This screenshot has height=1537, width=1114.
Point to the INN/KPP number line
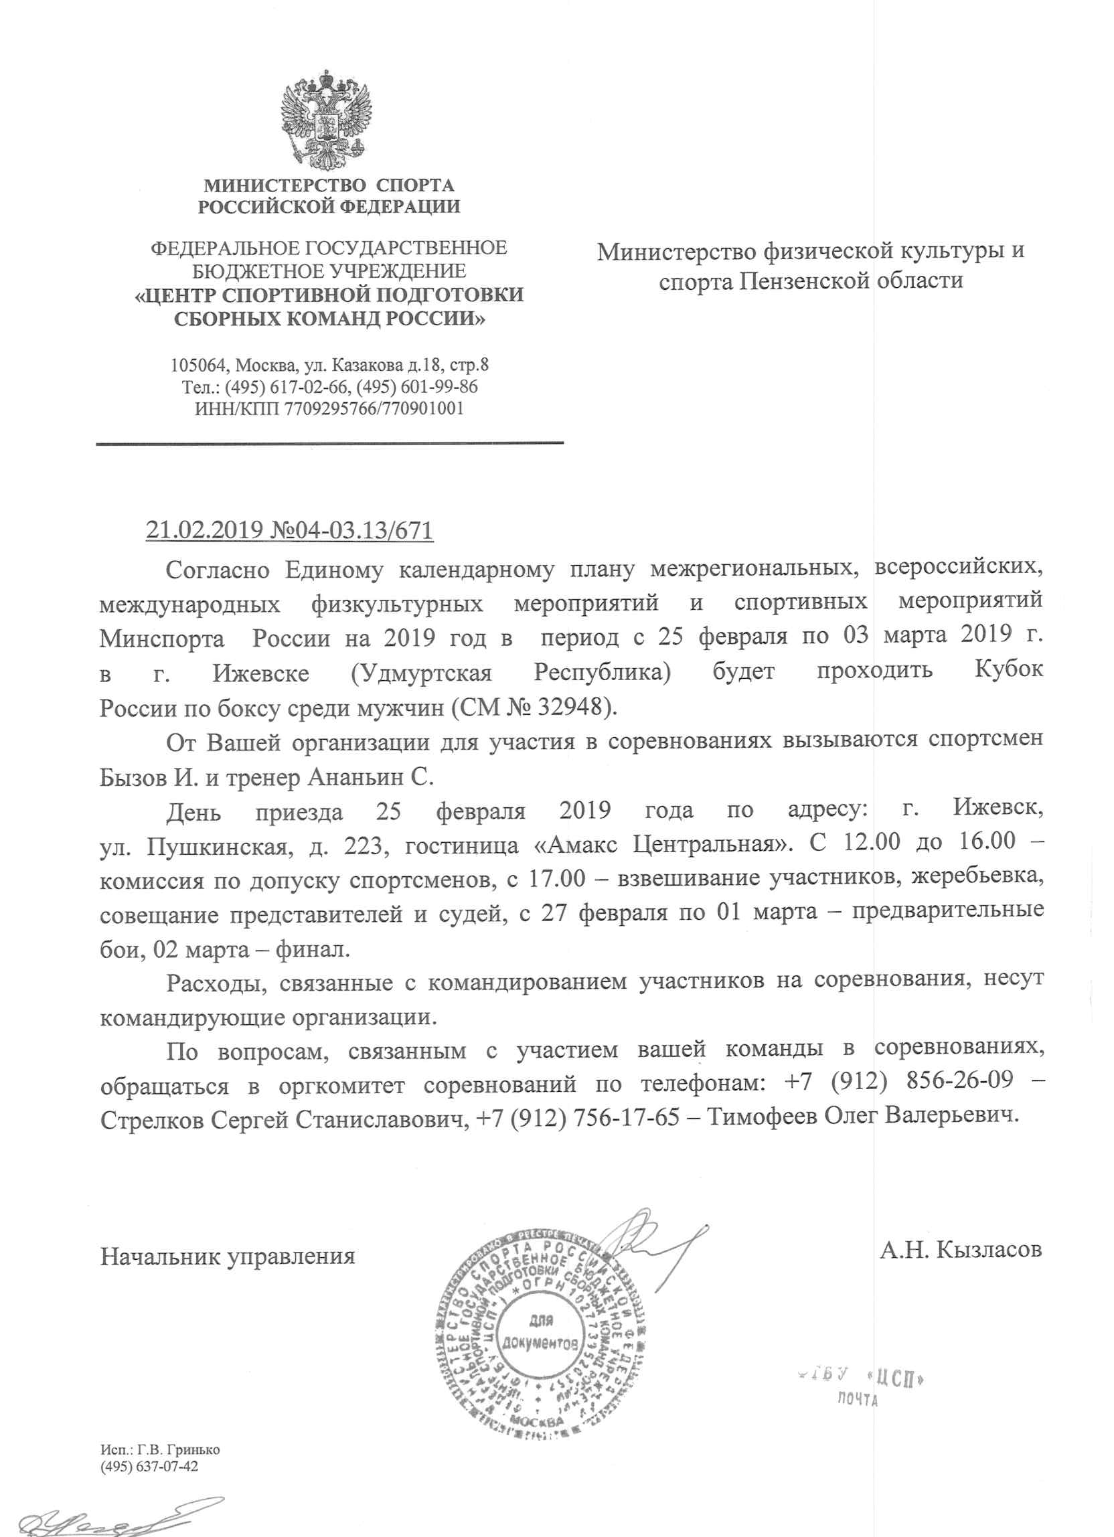click(329, 408)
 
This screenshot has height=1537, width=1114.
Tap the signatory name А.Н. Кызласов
click(960, 1249)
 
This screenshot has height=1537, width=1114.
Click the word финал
click(313, 949)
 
